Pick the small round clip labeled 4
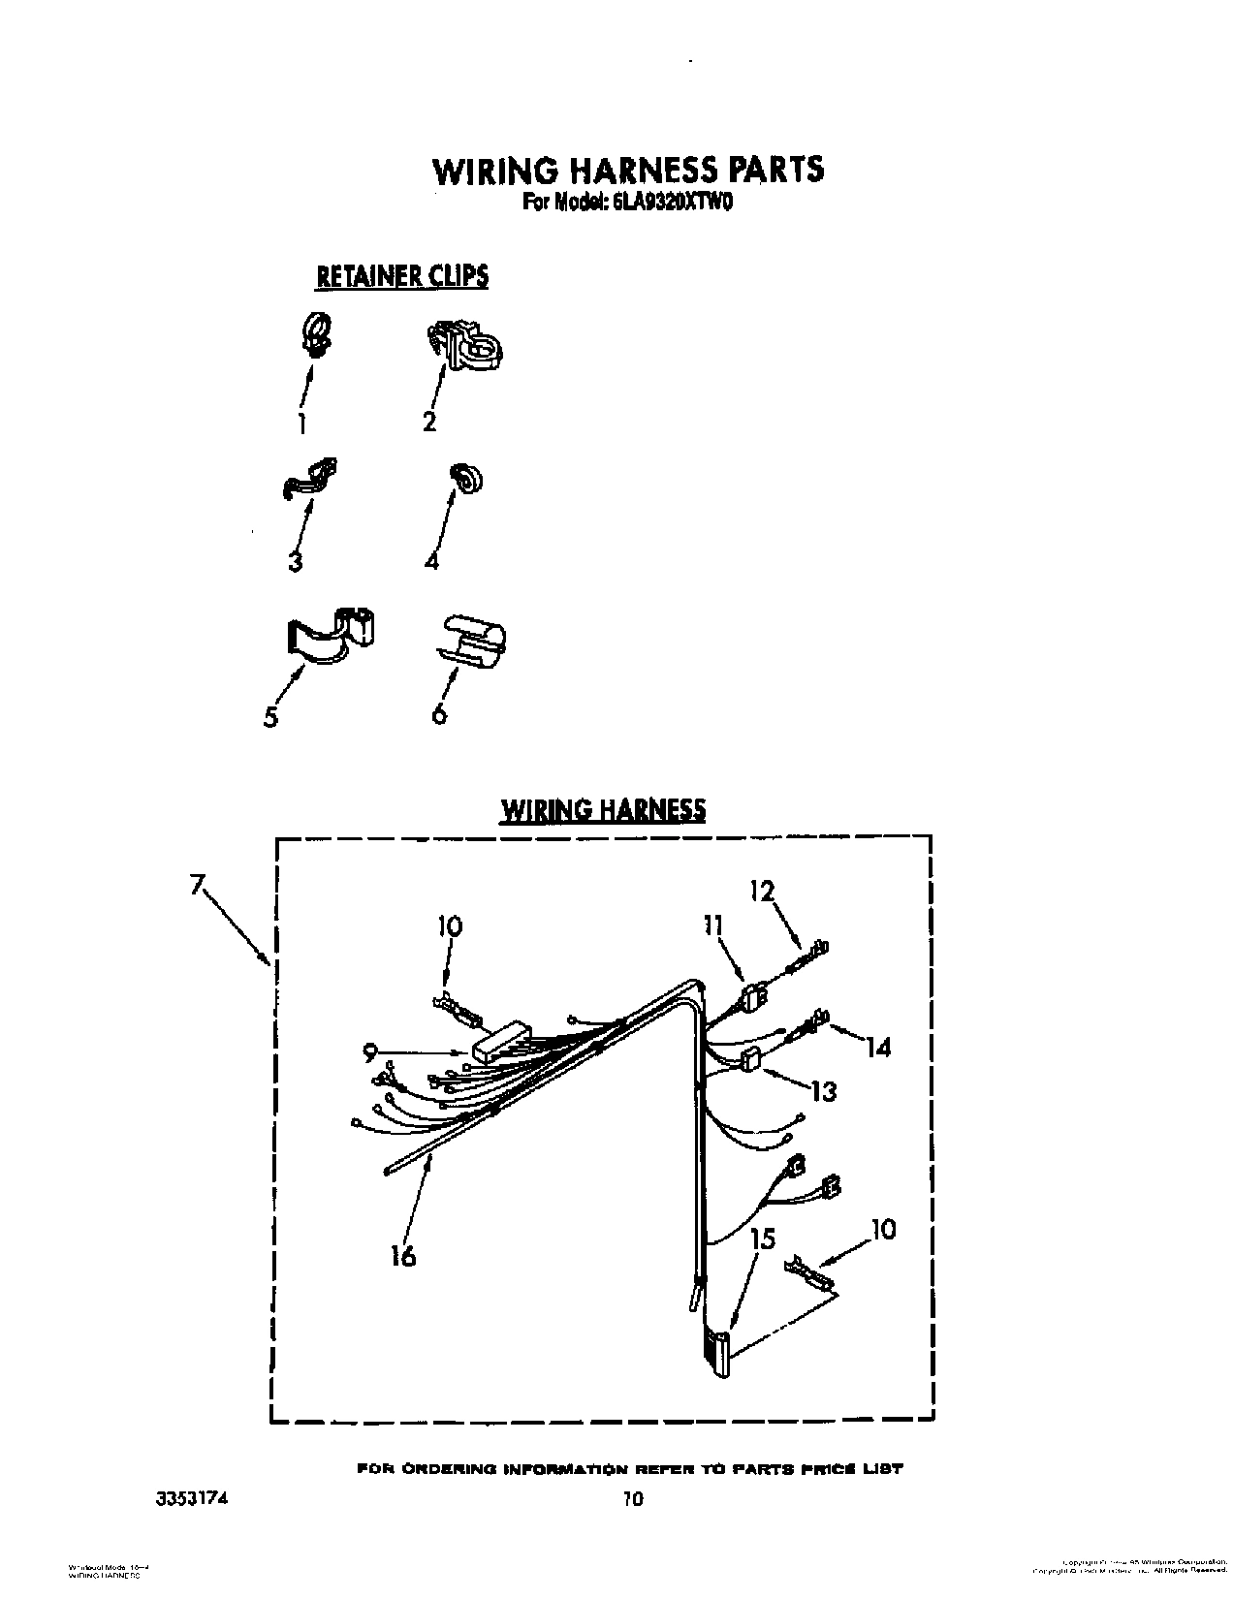click(x=468, y=479)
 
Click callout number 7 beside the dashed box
click(x=198, y=884)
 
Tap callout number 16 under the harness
click(x=402, y=1256)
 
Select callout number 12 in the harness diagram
click(x=762, y=890)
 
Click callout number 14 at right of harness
click(x=877, y=1047)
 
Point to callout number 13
click(x=823, y=1091)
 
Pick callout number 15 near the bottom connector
click(x=763, y=1238)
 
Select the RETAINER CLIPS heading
click(x=402, y=276)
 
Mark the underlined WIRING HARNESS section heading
click(x=602, y=809)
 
